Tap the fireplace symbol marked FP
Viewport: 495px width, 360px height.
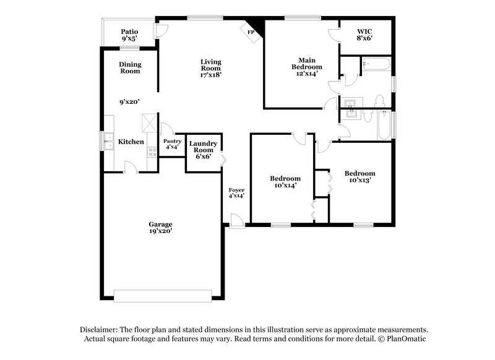[251, 32]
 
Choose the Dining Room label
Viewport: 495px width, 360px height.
[130, 67]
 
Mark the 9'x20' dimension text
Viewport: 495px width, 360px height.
[130, 103]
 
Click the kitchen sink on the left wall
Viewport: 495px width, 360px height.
[108, 141]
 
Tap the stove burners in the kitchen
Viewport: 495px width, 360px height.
[152, 151]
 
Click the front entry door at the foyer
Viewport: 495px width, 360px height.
[237, 221]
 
